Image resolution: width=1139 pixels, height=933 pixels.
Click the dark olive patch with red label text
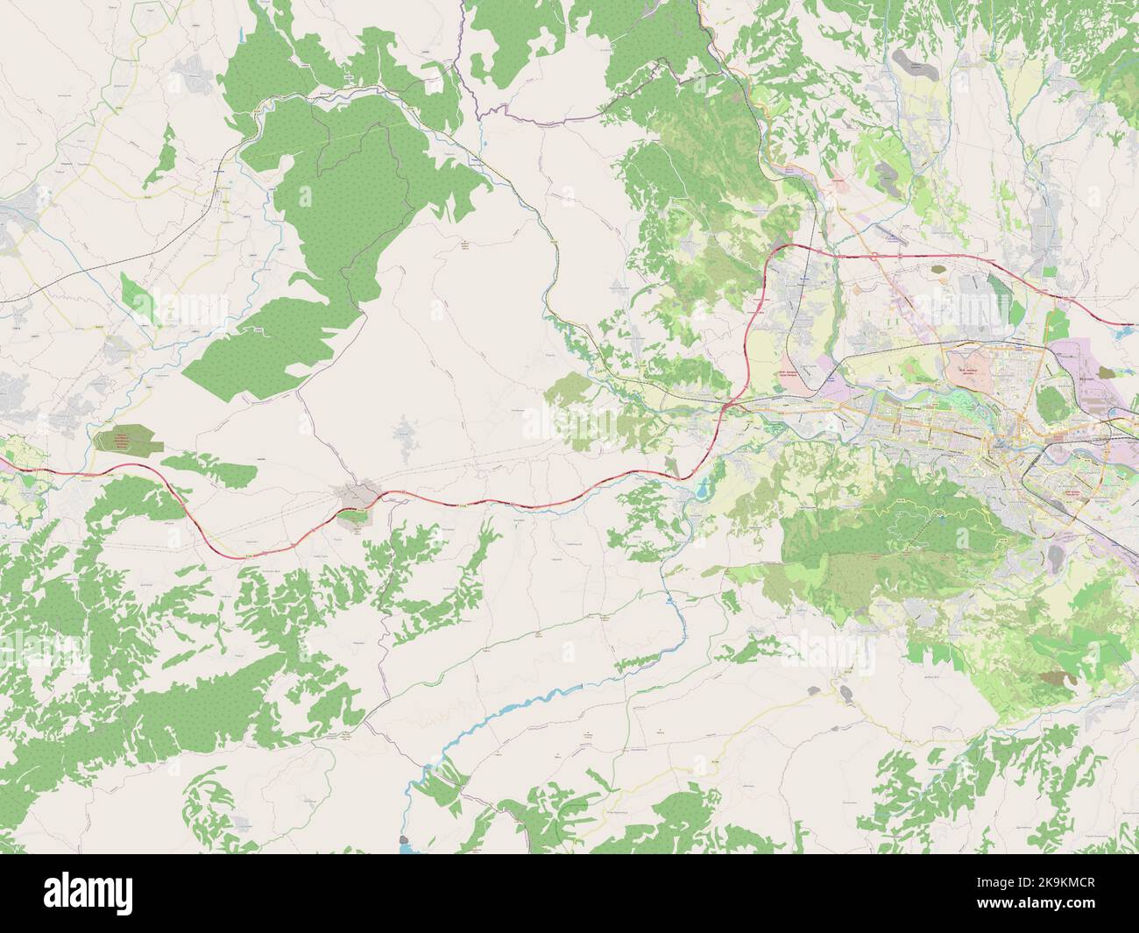coord(128,440)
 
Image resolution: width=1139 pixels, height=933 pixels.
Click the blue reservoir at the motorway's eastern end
coord(1125,330)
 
